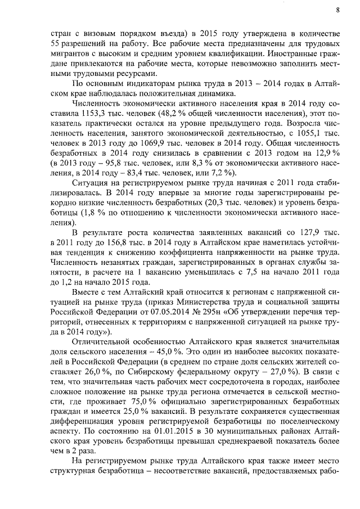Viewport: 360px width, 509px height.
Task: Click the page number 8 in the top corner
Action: tap(338, 10)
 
